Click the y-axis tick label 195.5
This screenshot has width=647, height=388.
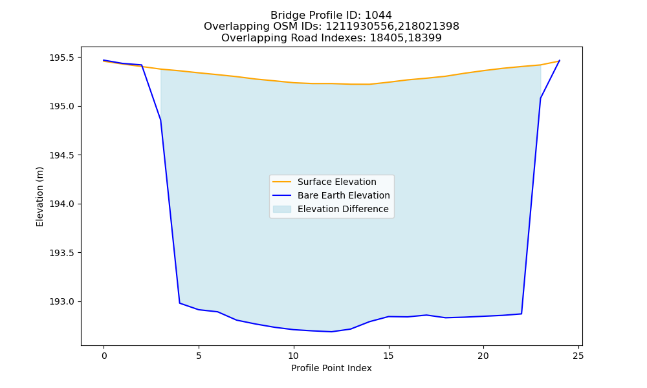point(63,58)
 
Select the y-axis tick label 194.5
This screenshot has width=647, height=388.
point(63,155)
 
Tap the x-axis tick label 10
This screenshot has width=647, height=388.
point(293,356)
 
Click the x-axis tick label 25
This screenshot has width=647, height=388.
point(578,356)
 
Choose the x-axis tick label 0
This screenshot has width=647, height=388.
point(104,356)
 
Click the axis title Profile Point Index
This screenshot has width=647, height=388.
point(331,368)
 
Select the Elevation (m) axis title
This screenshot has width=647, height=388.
point(39,197)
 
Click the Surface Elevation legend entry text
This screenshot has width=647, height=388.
point(336,182)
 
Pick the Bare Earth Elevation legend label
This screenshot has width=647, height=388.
point(344,195)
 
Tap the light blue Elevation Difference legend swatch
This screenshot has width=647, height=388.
point(282,209)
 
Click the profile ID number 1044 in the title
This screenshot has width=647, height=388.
point(378,16)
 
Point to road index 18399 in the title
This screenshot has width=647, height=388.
point(425,38)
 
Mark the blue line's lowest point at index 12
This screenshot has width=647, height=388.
point(331,332)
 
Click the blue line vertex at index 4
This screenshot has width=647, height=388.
point(179,303)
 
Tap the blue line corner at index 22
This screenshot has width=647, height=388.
point(521,314)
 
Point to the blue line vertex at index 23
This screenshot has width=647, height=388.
point(540,98)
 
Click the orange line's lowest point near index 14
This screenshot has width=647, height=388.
point(369,84)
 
